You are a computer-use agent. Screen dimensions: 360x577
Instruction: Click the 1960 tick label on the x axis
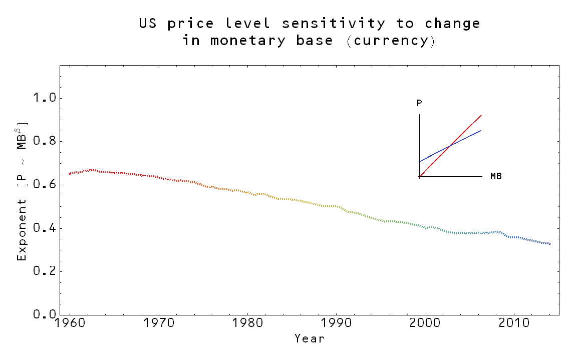pyautogui.click(x=70, y=323)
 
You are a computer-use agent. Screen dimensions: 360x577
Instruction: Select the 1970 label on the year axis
pyautogui.click(x=159, y=323)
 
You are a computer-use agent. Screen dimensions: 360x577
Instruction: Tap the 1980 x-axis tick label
pyautogui.click(x=247, y=323)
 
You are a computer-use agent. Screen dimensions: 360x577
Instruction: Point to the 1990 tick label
pyautogui.click(x=336, y=323)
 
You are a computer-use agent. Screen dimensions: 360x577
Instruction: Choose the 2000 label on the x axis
pyautogui.click(x=425, y=323)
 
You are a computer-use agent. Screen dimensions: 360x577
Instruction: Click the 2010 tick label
pyautogui.click(x=513, y=323)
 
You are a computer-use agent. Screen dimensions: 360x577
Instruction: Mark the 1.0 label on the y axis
pyautogui.click(x=44, y=98)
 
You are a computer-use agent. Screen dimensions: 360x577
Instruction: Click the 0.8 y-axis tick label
pyautogui.click(x=44, y=142)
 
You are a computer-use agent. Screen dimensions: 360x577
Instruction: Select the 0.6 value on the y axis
pyautogui.click(x=44, y=185)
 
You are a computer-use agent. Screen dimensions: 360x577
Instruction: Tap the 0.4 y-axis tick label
pyautogui.click(x=44, y=228)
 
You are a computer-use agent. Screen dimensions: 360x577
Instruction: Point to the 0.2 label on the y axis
pyautogui.click(x=44, y=271)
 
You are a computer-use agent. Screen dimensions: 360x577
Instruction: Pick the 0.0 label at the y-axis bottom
pyautogui.click(x=44, y=314)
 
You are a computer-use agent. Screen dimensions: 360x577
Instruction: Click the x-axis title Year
pyautogui.click(x=310, y=339)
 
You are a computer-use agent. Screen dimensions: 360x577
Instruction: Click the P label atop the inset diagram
pyautogui.click(x=419, y=104)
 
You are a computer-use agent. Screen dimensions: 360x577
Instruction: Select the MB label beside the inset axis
pyautogui.click(x=496, y=177)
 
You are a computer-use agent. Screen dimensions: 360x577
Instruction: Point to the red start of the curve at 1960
pyautogui.click(x=70, y=174)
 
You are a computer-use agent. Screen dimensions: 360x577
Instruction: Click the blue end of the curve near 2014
pyautogui.click(x=549, y=244)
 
